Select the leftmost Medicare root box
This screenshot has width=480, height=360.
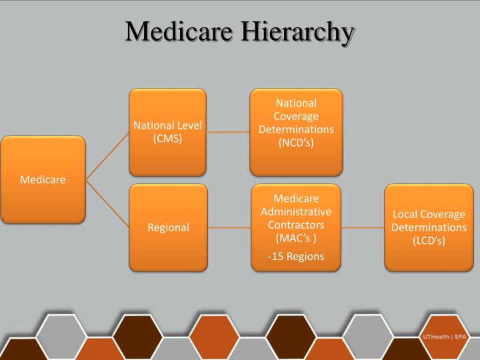coord(43,179)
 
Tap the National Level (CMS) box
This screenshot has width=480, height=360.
coord(167,132)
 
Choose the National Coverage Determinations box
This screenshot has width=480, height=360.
coord(296,132)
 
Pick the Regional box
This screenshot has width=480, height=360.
coord(167,227)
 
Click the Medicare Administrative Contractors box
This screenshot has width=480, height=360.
coord(296,227)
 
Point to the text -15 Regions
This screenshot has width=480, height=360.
coord(296,257)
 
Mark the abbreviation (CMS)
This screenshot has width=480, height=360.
coord(167,139)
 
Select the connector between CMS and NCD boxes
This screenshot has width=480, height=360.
coord(228,132)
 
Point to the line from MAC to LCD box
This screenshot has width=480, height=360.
coord(363,227)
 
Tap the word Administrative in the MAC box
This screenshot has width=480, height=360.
coord(296,211)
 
